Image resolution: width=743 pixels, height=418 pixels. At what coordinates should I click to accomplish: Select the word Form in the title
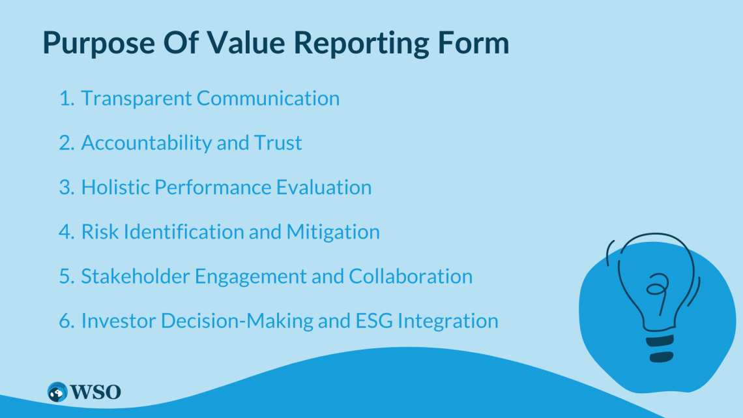coord(473,42)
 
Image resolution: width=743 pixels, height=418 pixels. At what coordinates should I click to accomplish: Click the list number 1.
coord(66,98)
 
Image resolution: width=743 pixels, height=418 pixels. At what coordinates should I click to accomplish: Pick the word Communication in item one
coord(269,98)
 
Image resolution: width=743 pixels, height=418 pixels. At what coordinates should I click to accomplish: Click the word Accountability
coord(147,143)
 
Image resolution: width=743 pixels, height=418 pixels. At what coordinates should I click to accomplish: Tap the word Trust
coord(278,143)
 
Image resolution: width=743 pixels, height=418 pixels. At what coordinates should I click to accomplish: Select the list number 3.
coord(67,188)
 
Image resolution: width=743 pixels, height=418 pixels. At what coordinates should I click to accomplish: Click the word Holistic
coord(115,187)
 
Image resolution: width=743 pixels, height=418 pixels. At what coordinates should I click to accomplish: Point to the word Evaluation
coord(324,187)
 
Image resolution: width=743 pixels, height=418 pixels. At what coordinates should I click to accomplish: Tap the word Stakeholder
coord(136,276)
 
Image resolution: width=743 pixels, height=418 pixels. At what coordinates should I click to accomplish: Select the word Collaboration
coord(411,276)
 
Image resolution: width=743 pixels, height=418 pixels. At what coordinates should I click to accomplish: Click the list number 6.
coord(67,321)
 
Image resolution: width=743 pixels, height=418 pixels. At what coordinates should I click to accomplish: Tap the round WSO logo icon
coord(57,392)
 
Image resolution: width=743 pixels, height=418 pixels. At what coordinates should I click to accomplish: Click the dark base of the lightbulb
coord(660,348)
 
